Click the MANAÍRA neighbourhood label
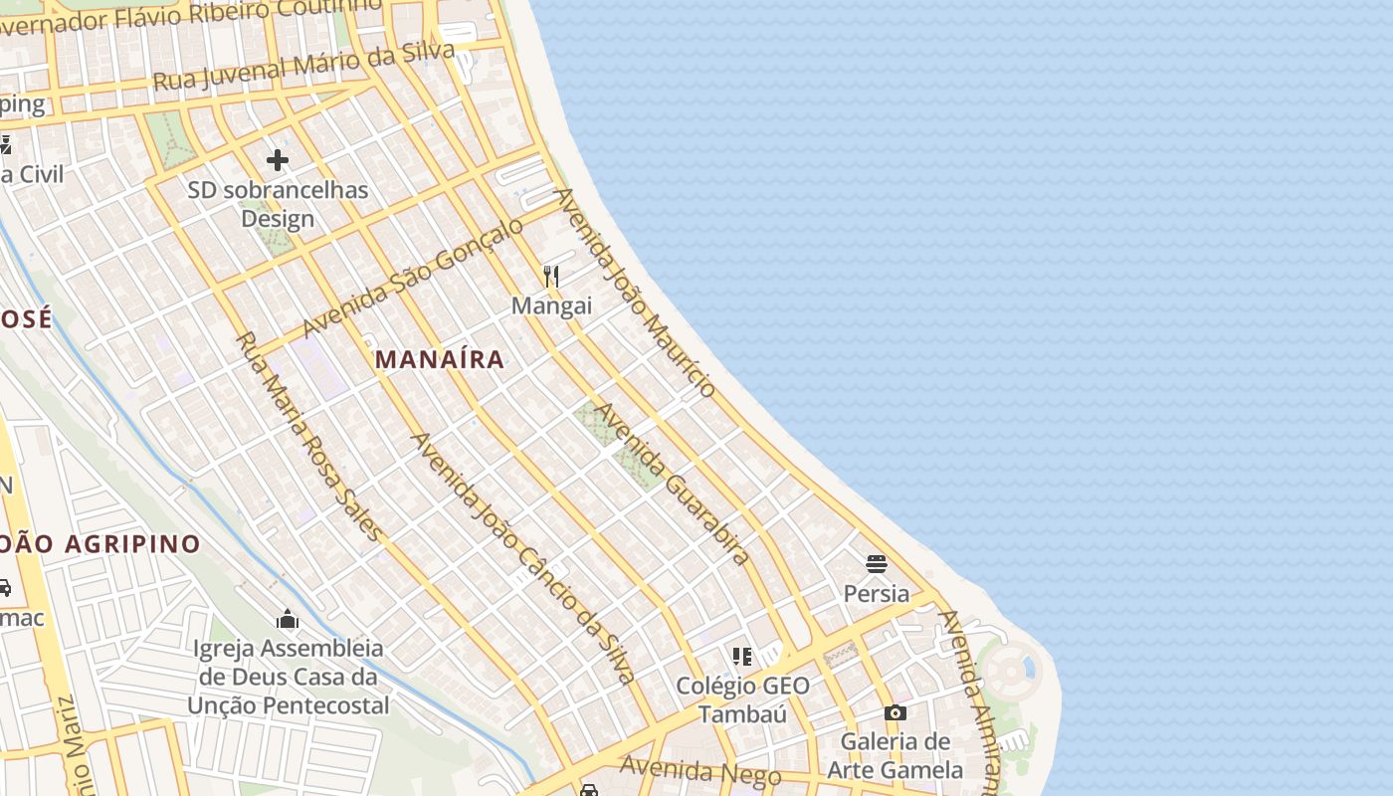pyautogui.click(x=440, y=359)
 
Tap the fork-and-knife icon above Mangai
pyautogui.click(x=551, y=276)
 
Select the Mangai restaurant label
pyautogui.click(x=551, y=305)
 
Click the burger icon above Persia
pyautogui.click(x=876, y=564)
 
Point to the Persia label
pyautogui.click(x=876, y=594)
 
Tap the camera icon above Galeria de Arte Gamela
pyautogui.click(x=895, y=712)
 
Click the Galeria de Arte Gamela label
pyautogui.click(x=895, y=755)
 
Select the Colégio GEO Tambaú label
pyautogui.click(x=742, y=699)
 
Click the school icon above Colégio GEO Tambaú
pyautogui.click(x=742, y=656)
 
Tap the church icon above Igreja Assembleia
pyautogui.click(x=288, y=620)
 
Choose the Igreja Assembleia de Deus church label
pyautogui.click(x=289, y=677)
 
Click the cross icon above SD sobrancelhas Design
pyautogui.click(x=278, y=159)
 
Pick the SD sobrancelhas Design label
pyautogui.click(x=278, y=204)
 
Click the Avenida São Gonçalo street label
pyautogui.click(x=412, y=279)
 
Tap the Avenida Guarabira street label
pyautogui.click(x=673, y=484)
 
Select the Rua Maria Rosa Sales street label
pyautogui.click(x=308, y=436)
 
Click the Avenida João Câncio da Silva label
pyautogui.click(x=522, y=558)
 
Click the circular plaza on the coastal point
pyautogui.click(x=1009, y=673)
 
